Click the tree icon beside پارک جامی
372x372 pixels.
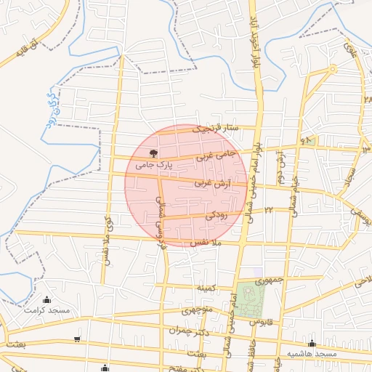153,153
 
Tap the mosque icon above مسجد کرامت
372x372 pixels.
47,299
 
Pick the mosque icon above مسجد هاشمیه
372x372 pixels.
312,344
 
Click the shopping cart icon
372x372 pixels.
77,339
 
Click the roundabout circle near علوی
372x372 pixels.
331,70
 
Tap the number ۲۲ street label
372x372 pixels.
267,209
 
